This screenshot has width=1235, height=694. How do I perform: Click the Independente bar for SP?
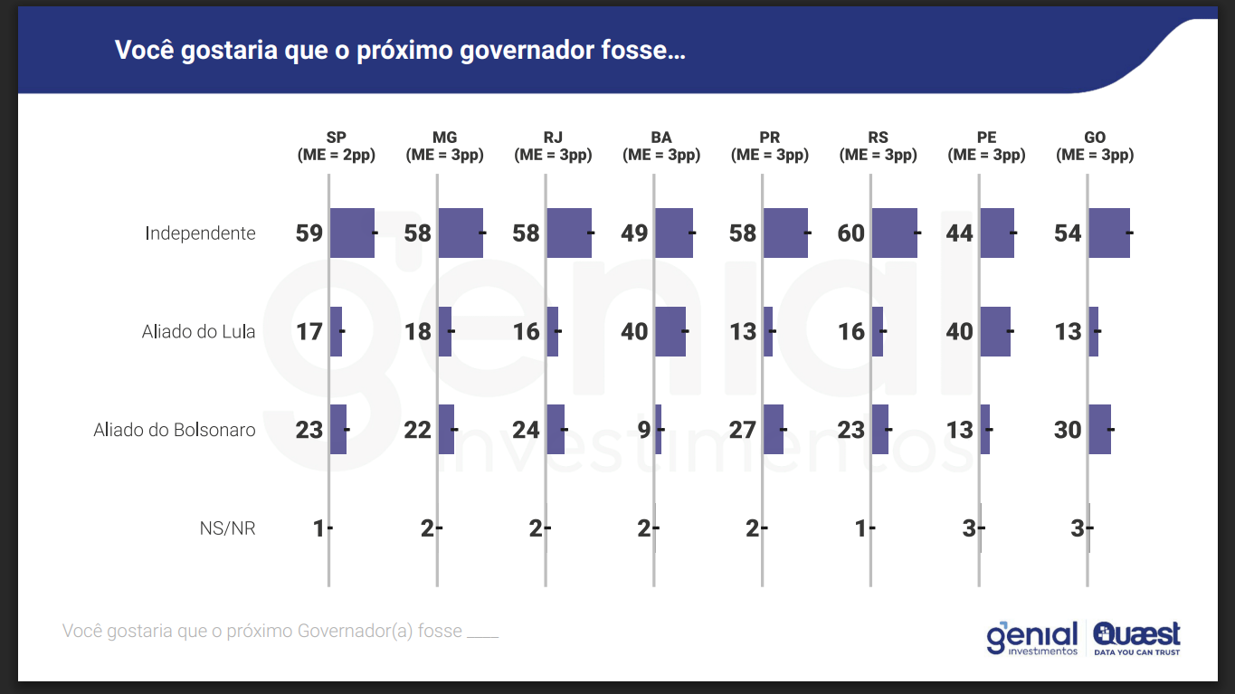[x=352, y=233]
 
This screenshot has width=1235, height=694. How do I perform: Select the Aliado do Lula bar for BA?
[x=670, y=331]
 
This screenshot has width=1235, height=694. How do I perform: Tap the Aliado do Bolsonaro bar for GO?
[x=1099, y=429]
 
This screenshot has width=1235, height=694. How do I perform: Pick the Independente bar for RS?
[x=894, y=233]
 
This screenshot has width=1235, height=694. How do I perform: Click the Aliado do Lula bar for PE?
[x=995, y=331]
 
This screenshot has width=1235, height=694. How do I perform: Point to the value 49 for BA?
[x=634, y=233]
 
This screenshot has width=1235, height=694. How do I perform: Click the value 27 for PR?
[x=742, y=430]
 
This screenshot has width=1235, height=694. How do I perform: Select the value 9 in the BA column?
[x=644, y=430]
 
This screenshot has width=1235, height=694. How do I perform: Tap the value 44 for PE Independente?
[x=959, y=233]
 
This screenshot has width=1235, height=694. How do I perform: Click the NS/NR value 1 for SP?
[x=318, y=528]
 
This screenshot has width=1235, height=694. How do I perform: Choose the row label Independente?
[x=200, y=233]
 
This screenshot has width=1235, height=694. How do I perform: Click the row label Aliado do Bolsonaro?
[x=175, y=430]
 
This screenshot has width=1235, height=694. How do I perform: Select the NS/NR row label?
[x=227, y=528]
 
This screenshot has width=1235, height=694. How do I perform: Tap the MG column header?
[x=444, y=138]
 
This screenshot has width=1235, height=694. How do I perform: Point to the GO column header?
[x=1095, y=138]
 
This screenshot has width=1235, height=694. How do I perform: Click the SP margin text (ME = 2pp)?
[x=337, y=155]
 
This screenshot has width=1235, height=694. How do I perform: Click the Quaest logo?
[x=1136, y=637]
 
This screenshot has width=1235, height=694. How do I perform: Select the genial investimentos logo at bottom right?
[x=1032, y=638]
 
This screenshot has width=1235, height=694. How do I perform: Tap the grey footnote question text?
[x=280, y=631]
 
